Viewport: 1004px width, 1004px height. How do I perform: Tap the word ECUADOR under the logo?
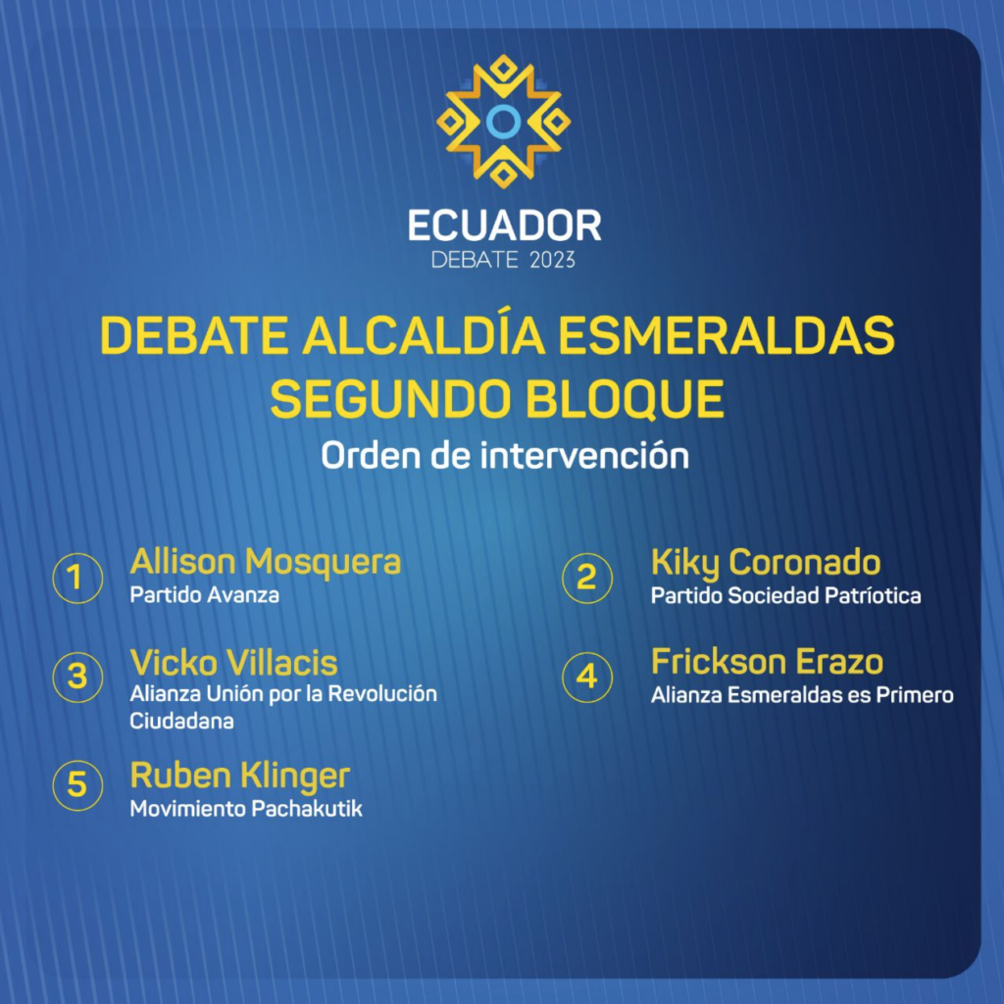pos(505,226)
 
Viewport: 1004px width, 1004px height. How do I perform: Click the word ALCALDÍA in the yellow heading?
pos(424,335)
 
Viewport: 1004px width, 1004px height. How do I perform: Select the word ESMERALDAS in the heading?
pos(727,335)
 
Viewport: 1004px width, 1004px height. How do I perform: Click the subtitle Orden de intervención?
pos(505,455)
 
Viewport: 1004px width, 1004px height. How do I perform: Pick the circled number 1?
pos(77,578)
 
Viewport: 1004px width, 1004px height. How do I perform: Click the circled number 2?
pos(587,578)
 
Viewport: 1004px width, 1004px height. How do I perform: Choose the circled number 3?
pos(77,678)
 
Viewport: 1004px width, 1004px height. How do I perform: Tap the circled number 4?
pos(587,678)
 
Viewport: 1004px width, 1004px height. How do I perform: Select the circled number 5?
pos(77,785)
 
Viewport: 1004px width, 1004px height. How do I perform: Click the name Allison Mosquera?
pos(265,562)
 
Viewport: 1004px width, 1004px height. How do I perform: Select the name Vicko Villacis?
pos(233,663)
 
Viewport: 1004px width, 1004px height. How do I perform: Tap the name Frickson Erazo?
pos(767,662)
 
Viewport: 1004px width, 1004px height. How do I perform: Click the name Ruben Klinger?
pos(240,777)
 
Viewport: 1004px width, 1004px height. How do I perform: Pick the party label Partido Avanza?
pos(204,595)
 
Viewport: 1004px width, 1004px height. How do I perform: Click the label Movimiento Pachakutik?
pos(246,809)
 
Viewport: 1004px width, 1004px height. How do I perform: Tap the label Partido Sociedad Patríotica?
pos(785,595)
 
